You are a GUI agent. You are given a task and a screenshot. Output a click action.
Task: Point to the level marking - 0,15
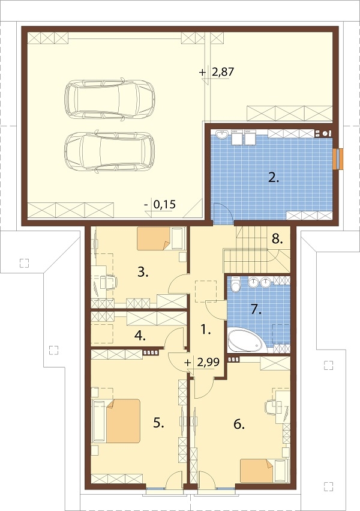click(x=160, y=205)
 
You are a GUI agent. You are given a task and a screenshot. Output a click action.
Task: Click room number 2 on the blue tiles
click(x=273, y=177)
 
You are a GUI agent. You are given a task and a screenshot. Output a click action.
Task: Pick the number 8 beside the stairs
click(x=276, y=238)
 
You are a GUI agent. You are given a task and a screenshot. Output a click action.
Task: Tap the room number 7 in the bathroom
click(x=256, y=309)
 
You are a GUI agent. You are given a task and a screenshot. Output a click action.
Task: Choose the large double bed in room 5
click(x=117, y=420)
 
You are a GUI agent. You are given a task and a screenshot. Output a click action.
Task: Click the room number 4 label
click(x=140, y=336)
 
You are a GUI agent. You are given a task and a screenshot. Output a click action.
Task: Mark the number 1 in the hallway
click(x=205, y=328)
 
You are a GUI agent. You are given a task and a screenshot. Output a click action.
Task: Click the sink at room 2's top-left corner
click(x=223, y=135)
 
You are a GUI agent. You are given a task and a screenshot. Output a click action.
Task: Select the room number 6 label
click(x=239, y=424)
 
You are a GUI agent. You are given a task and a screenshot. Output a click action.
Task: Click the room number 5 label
click(x=158, y=423)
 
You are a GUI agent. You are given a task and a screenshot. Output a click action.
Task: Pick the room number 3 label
click(x=143, y=272)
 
